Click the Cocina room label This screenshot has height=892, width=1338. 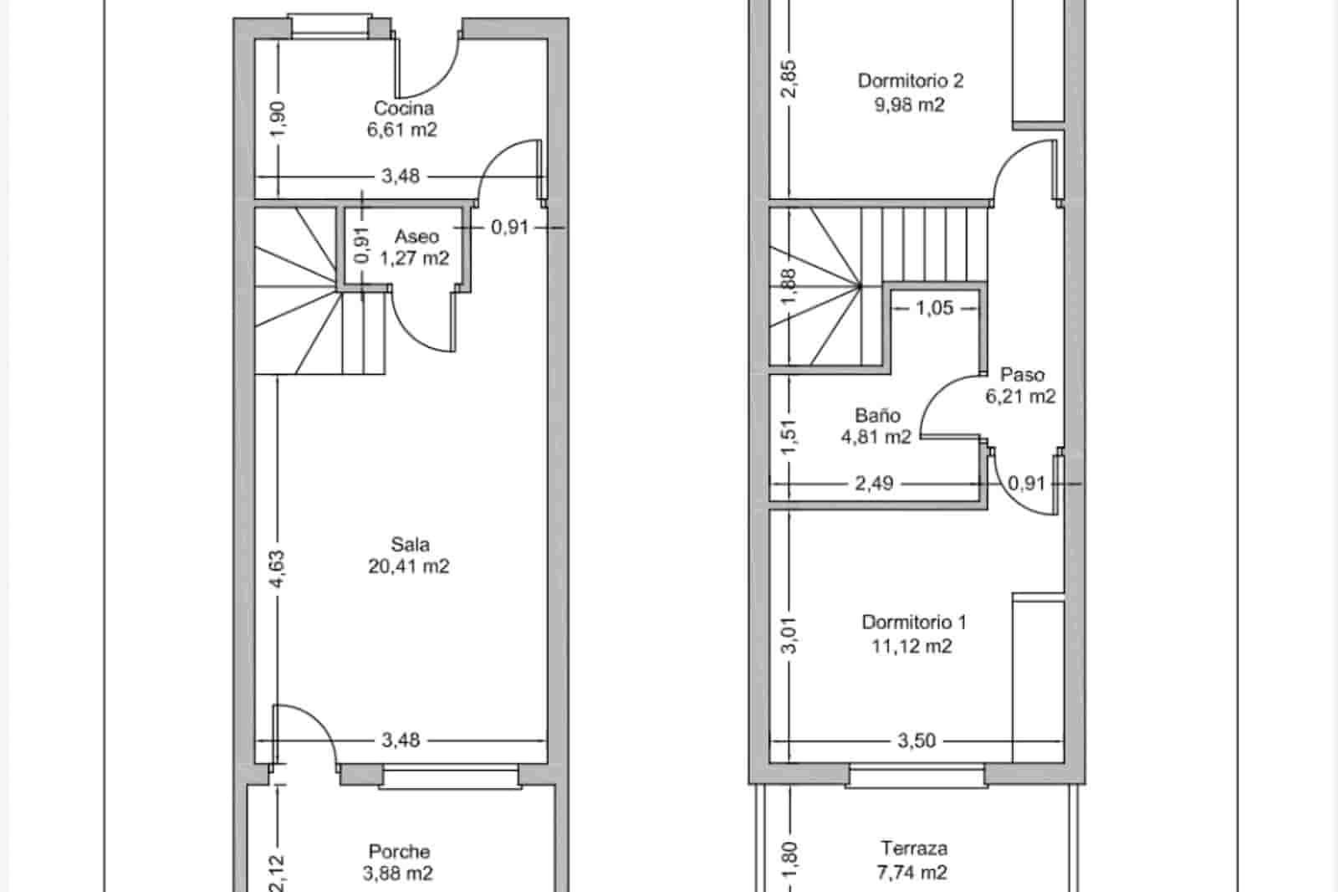coord(403,108)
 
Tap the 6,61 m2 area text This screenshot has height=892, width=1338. coord(401,130)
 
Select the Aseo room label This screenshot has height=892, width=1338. coord(416,237)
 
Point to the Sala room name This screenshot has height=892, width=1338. coord(410,545)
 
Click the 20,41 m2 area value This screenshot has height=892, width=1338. coord(409,566)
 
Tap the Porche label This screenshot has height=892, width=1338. coord(400,852)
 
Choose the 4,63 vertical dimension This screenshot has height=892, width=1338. coord(278,568)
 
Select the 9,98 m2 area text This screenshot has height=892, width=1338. coord(910,105)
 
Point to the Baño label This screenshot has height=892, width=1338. coord(877,415)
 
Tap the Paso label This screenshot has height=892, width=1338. coord(1022,375)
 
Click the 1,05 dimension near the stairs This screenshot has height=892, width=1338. coord(934,308)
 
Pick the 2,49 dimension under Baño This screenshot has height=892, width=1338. coord(874,483)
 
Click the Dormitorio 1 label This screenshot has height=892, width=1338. coord(914,623)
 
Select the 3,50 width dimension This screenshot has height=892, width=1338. coord(917,741)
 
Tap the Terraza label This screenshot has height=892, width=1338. coord(914,848)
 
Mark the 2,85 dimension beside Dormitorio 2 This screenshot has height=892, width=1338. coord(790,78)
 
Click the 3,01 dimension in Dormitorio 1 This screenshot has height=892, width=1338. coord(791,634)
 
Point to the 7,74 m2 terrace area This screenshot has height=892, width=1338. coord(912,873)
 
